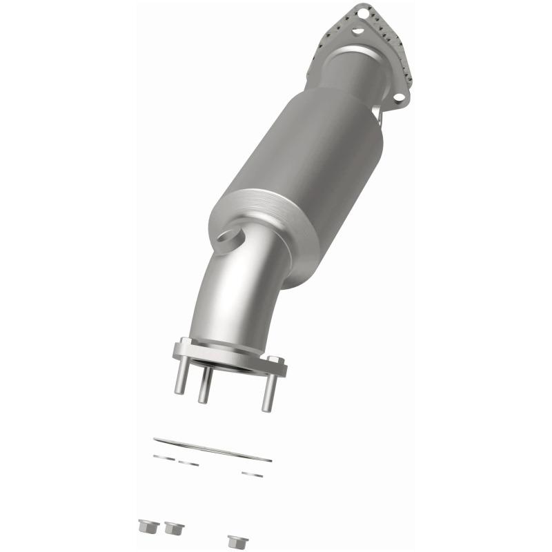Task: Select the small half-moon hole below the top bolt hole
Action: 357,30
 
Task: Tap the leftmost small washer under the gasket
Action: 164,457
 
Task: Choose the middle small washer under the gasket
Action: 188,463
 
